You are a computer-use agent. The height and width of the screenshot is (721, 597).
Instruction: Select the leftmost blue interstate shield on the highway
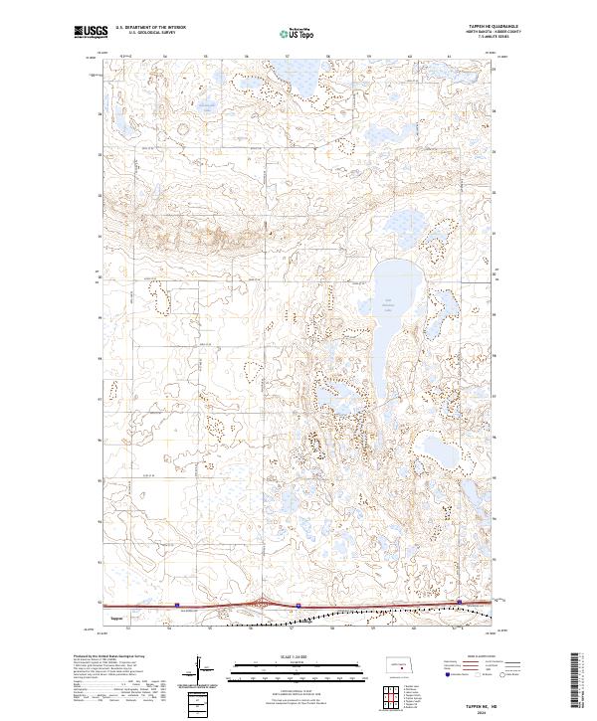click(176, 604)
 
